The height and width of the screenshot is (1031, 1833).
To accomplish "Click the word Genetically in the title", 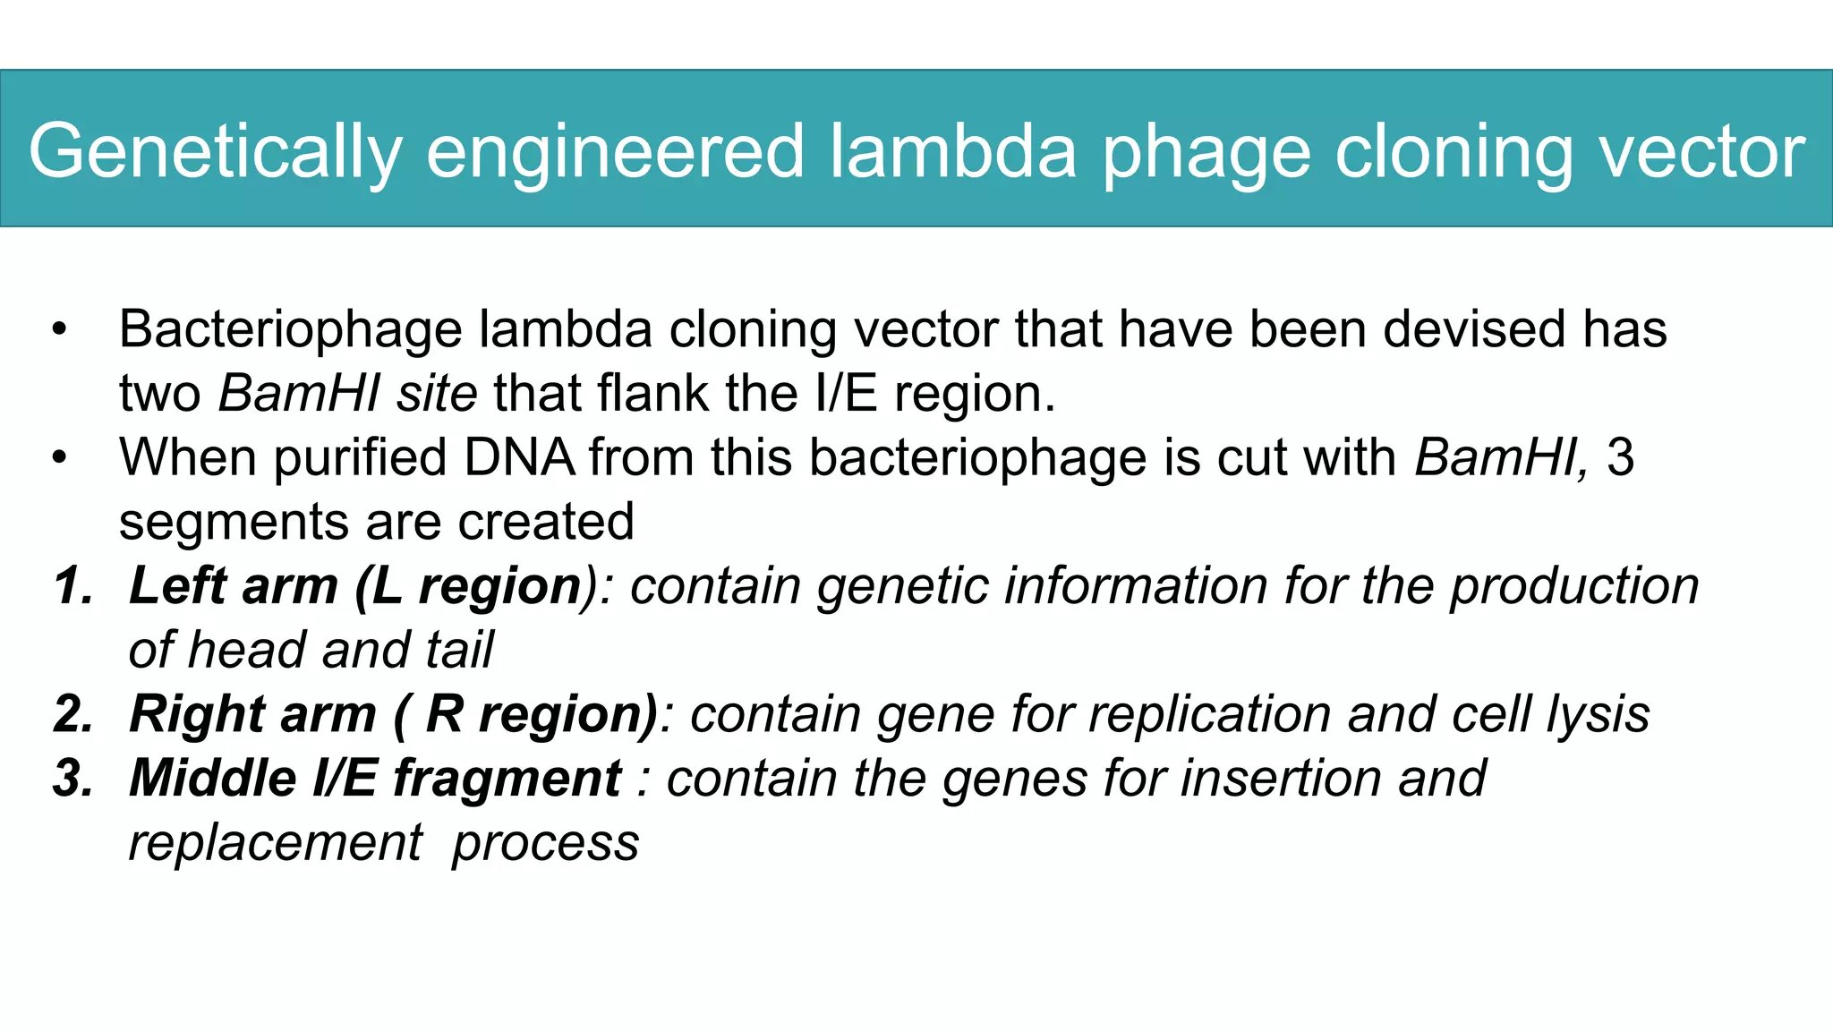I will point(215,152).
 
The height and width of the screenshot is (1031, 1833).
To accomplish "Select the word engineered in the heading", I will point(615,152).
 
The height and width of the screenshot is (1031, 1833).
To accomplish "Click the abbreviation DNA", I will point(519,457).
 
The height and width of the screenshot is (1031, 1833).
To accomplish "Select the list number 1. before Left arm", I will point(73,586).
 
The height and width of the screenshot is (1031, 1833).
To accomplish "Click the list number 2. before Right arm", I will point(73,714).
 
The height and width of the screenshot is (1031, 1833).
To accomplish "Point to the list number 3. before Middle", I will point(73,778).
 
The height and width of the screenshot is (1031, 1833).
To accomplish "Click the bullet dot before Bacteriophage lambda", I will point(59,329).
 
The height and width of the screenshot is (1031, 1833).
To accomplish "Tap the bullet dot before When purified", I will point(59,458).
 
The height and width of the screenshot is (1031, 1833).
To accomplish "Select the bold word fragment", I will point(507,778).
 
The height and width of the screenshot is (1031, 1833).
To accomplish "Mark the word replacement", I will point(276,842).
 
